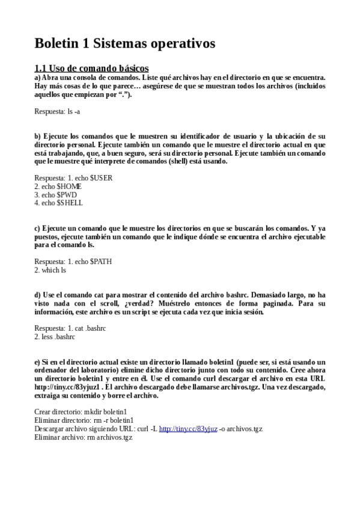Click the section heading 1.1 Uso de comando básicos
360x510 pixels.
91,68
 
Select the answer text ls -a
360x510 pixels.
74,111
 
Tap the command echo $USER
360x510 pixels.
92,178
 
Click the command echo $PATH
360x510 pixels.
92,262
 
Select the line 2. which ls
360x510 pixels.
50,270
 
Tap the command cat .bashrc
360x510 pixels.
88,328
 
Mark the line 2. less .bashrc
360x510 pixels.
55,337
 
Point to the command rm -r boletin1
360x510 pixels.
114,420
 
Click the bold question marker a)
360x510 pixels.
37,78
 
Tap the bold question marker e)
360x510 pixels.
37,362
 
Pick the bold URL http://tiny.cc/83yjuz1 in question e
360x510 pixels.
66,387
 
